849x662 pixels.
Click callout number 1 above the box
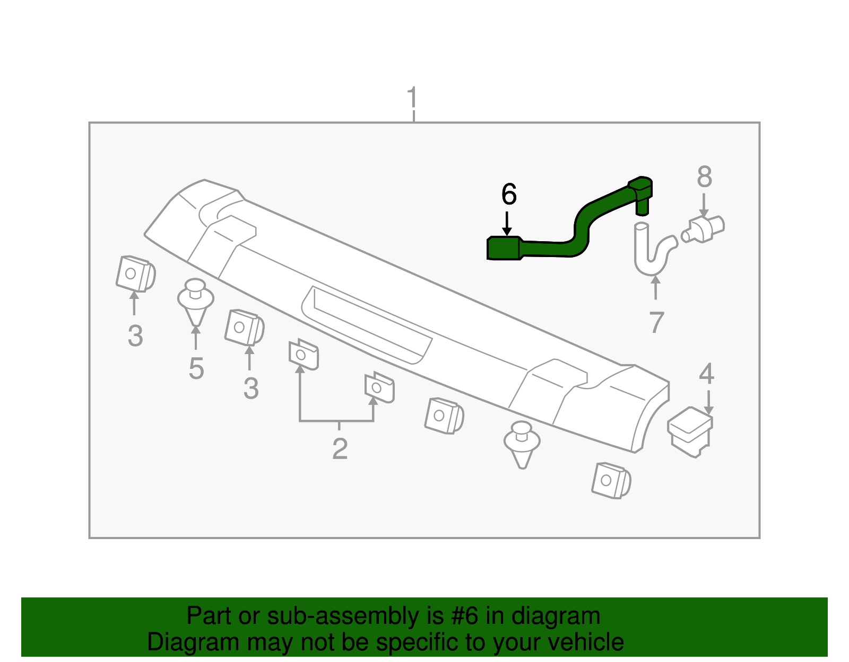[x=412, y=98]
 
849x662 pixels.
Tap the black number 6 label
[x=508, y=195]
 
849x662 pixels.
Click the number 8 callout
[x=704, y=177]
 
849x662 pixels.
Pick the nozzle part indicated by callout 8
[x=704, y=228]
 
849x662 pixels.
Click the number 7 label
[x=656, y=322]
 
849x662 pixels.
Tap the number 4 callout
[x=706, y=374]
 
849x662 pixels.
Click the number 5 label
[x=196, y=368]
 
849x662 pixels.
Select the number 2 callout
[x=340, y=449]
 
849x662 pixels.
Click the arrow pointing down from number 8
[x=704, y=204]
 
